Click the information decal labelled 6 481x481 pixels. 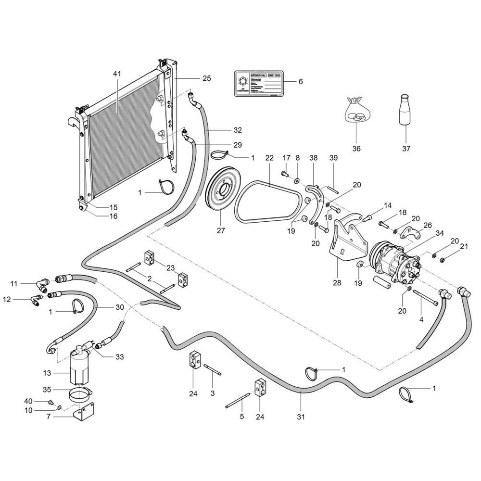click(258, 85)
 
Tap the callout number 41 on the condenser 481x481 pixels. click(117, 74)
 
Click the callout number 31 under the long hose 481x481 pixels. click(302, 417)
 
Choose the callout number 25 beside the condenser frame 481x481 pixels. click(207, 77)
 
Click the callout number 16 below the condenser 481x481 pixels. click(113, 216)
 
